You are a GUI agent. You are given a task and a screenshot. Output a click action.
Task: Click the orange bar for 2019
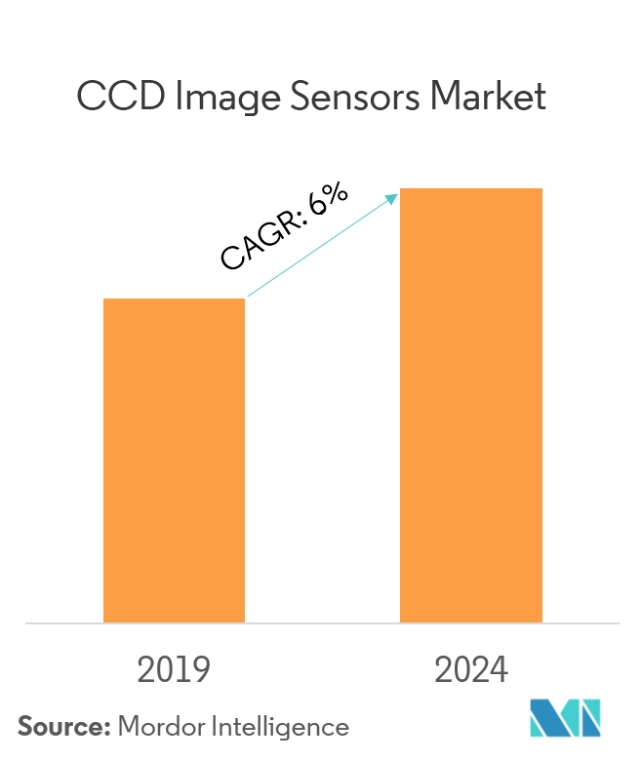click(174, 460)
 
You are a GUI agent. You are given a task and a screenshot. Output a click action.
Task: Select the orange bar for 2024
click(471, 405)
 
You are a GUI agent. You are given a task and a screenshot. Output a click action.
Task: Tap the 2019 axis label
click(174, 671)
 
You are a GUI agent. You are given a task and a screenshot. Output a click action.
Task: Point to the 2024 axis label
click(471, 671)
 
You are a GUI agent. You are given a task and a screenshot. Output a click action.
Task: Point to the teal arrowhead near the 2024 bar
click(393, 198)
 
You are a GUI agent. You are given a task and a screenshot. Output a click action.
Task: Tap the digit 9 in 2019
click(200, 671)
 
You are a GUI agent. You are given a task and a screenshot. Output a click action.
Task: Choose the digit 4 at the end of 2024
click(498, 671)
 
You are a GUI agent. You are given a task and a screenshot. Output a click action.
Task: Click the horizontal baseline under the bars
click(321, 622)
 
